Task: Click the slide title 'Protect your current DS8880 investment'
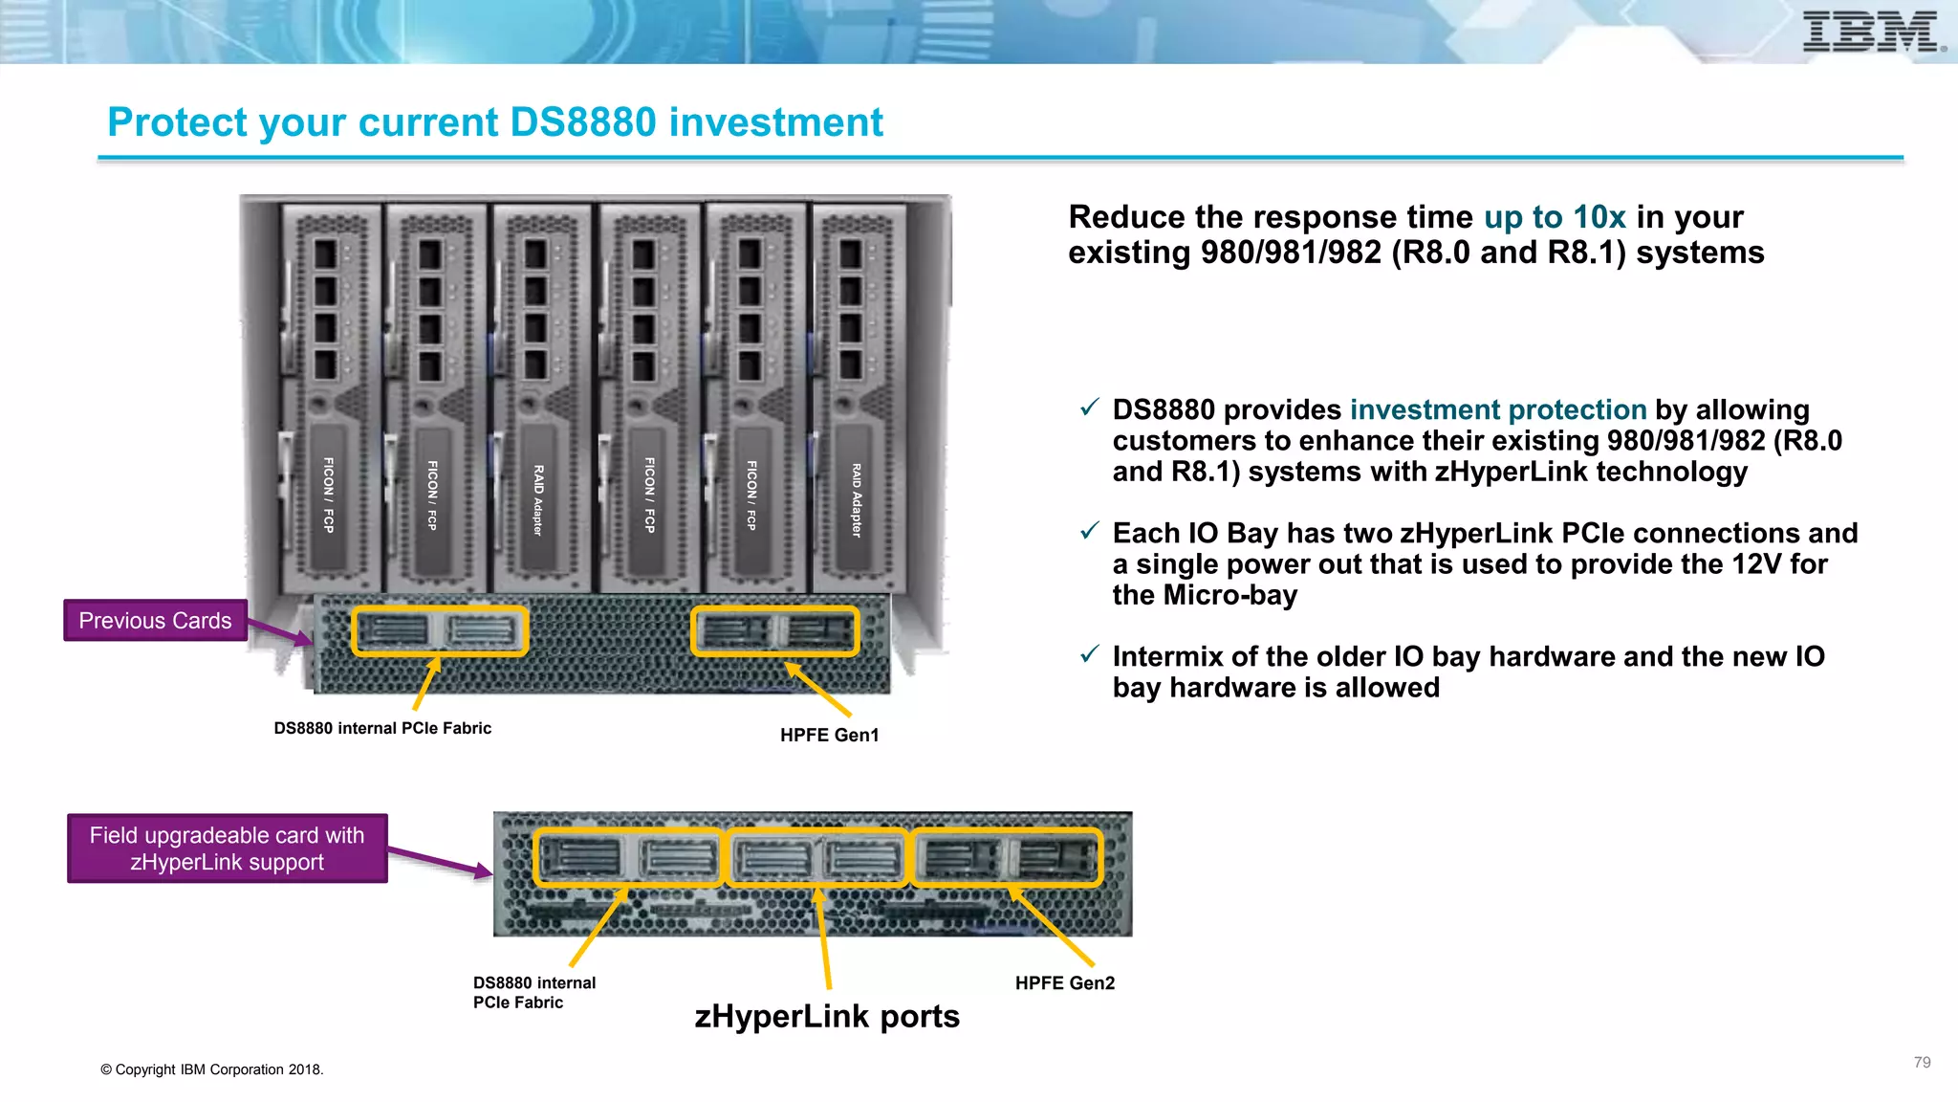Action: pyautogui.click(x=494, y=122)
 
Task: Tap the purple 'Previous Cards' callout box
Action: pyautogui.click(x=155, y=621)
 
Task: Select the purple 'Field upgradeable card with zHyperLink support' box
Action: pyautogui.click(x=227, y=849)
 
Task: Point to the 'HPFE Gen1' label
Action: pyautogui.click(x=829, y=735)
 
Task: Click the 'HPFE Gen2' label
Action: pyautogui.click(x=1064, y=983)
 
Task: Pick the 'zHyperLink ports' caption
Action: pyautogui.click(x=827, y=1016)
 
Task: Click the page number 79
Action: pyautogui.click(x=1922, y=1063)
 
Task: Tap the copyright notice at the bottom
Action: pyautogui.click(x=211, y=1069)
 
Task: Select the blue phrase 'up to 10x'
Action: pyautogui.click(x=1554, y=217)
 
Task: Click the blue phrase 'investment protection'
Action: pyautogui.click(x=1497, y=410)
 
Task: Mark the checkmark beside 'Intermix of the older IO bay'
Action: pyautogui.click(x=1089, y=655)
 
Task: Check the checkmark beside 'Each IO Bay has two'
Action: pyautogui.click(x=1089, y=532)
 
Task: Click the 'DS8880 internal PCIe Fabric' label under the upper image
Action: pyautogui.click(x=382, y=728)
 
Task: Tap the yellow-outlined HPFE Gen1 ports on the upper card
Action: pyautogui.click(x=774, y=631)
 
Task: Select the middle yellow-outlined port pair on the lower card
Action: pyautogui.click(x=816, y=857)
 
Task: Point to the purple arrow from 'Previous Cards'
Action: pyautogui.click(x=278, y=631)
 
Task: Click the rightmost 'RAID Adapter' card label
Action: pyautogui.click(x=857, y=499)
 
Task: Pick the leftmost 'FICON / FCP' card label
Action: pyautogui.click(x=328, y=495)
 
